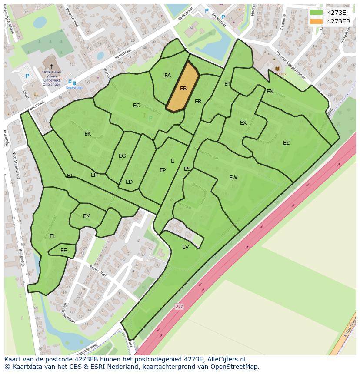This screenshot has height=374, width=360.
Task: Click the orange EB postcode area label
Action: pyautogui.click(x=183, y=89)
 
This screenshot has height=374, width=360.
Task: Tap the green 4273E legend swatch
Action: pyautogui.click(x=316, y=13)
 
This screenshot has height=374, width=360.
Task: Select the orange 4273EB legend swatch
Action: pyautogui.click(x=316, y=21)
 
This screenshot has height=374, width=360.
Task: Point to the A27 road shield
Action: pyautogui.click(x=179, y=307)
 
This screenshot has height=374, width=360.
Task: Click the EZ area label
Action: pyautogui.click(x=286, y=143)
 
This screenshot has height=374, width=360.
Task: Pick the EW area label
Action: pyautogui.click(x=233, y=177)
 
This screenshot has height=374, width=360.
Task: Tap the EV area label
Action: pyautogui.click(x=186, y=247)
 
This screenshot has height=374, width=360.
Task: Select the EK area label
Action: pyautogui.click(x=88, y=134)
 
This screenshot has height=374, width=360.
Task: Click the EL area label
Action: pyautogui.click(x=53, y=236)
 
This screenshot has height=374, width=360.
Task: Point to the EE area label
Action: pyautogui.click(x=63, y=251)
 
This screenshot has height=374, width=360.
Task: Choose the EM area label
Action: pyautogui.click(x=87, y=216)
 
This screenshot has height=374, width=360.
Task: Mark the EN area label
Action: pyautogui.click(x=270, y=92)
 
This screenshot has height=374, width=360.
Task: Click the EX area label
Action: pyautogui.click(x=243, y=123)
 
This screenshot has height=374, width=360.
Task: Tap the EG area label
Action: pyautogui.click(x=122, y=156)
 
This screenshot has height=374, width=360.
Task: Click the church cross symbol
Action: pyautogui.click(x=52, y=66)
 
